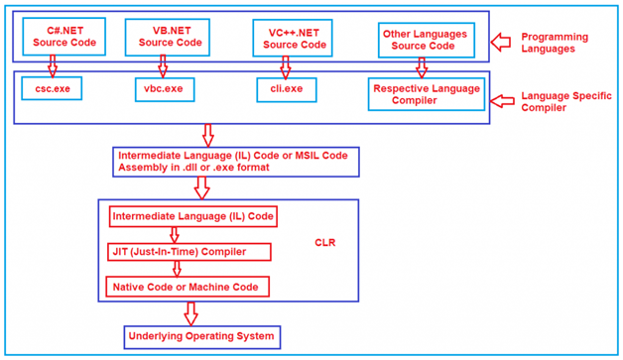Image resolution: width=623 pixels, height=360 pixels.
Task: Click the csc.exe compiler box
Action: point(52,88)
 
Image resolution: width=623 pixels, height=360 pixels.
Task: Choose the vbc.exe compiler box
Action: point(164,88)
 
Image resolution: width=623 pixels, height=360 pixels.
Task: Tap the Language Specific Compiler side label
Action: point(558,101)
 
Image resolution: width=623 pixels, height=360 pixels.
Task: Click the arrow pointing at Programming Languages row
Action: point(503,41)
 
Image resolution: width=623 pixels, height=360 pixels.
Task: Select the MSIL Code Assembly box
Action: point(235,162)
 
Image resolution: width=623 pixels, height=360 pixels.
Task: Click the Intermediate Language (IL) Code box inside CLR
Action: point(192,215)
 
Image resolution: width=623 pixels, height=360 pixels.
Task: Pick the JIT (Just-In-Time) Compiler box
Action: point(188,252)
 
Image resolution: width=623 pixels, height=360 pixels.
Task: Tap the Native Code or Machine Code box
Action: point(187,288)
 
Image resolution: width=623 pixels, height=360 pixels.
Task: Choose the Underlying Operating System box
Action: point(201,336)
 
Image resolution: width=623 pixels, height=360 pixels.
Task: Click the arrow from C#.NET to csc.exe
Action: point(53,66)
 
